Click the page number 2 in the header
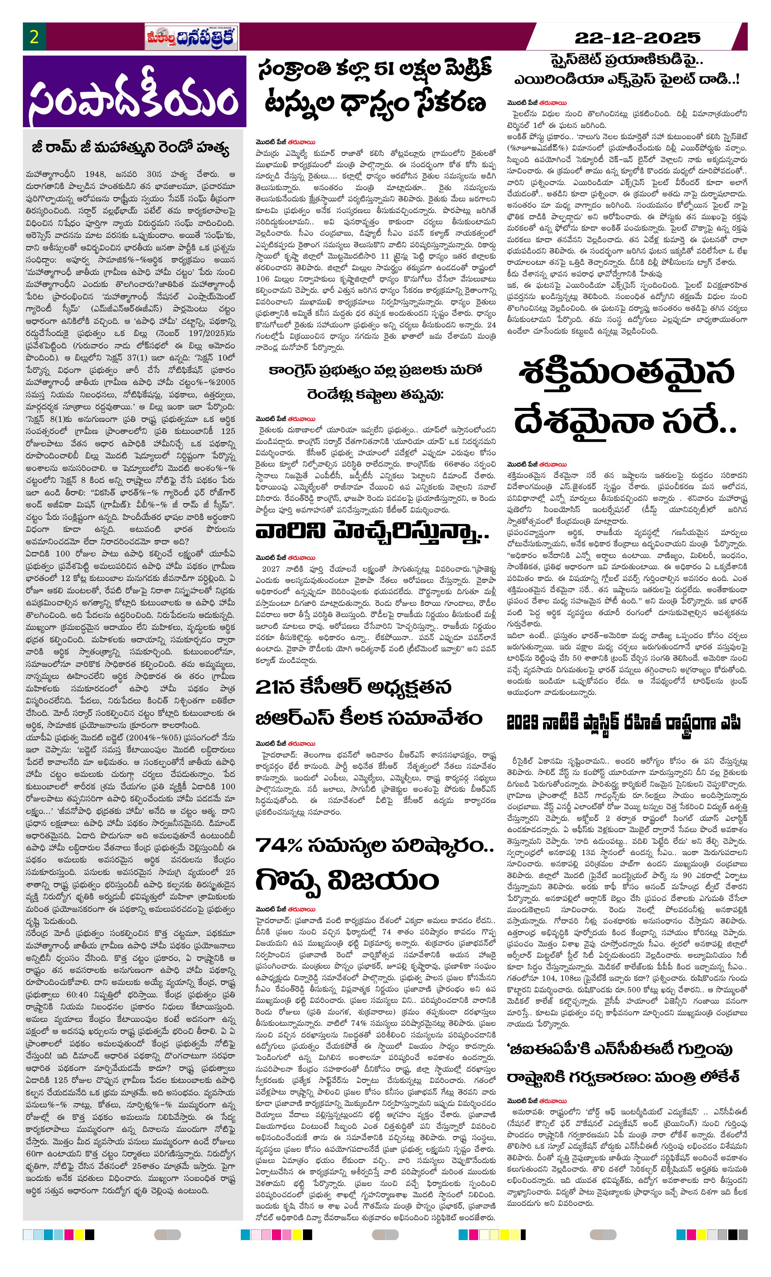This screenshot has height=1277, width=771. (34, 37)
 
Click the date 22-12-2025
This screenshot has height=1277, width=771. (637, 38)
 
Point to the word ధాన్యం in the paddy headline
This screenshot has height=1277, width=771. (376, 103)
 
